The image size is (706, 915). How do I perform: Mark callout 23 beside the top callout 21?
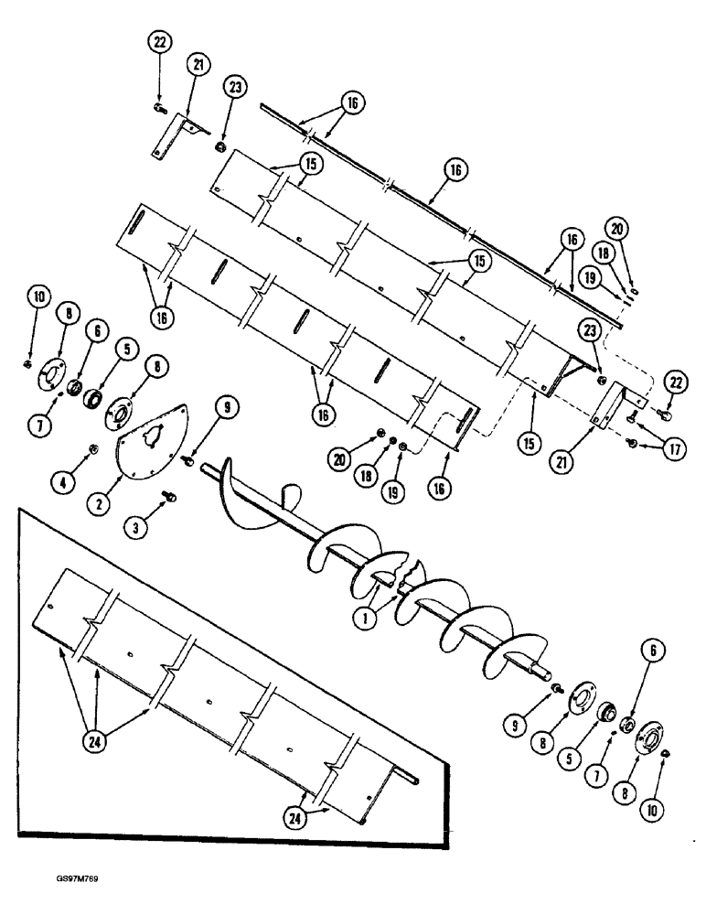[x=234, y=88]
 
